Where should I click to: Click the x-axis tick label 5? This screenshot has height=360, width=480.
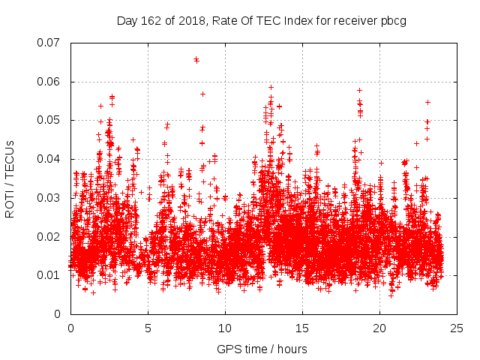pyautogui.click(x=148, y=328)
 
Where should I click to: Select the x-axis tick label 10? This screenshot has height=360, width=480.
pyautogui.click(x=225, y=328)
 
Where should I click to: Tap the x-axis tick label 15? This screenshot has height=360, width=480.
pyautogui.click(x=302, y=328)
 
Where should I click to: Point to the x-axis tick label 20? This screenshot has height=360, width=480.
pyautogui.click(x=379, y=328)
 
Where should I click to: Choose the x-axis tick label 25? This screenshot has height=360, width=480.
pyautogui.click(x=457, y=328)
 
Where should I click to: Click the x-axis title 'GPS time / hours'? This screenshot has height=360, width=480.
pyautogui.click(x=262, y=349)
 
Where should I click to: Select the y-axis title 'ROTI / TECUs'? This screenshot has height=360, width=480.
pyautogui.click(x=10, y=178)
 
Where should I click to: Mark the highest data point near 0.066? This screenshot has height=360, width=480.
pyautogui.click(x=196, y=58)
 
